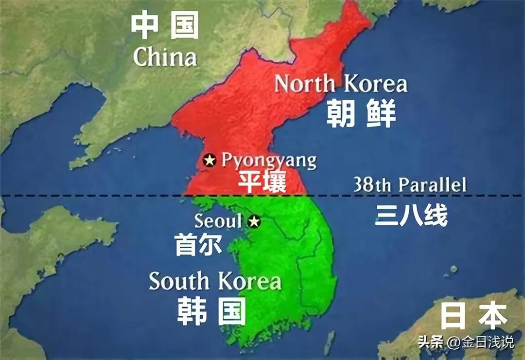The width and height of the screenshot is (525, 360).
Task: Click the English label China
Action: (x=165, y=57)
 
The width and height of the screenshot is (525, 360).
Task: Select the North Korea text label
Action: (x=341, y=84)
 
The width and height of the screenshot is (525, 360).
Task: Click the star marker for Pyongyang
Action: (x=210, y=160)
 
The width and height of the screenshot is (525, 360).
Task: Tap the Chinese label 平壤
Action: (x=262, y=181)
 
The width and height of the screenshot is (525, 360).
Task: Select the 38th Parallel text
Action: (x=410, y=185)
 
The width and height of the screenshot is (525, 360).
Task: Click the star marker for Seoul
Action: (x=254, y=222)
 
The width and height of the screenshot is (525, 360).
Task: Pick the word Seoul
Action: (x=218, y=221)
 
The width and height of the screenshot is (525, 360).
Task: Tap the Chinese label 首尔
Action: (x=198, y=244)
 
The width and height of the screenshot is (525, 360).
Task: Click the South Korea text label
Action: (x=215, y=281)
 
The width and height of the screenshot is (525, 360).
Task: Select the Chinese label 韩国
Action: (x=211, y=311)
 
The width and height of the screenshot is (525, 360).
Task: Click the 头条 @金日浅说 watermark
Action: (x=465, y=342)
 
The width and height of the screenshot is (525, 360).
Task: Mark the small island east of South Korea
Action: (x=453, y=269)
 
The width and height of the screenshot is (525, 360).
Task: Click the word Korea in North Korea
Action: (x=374, y=84)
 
